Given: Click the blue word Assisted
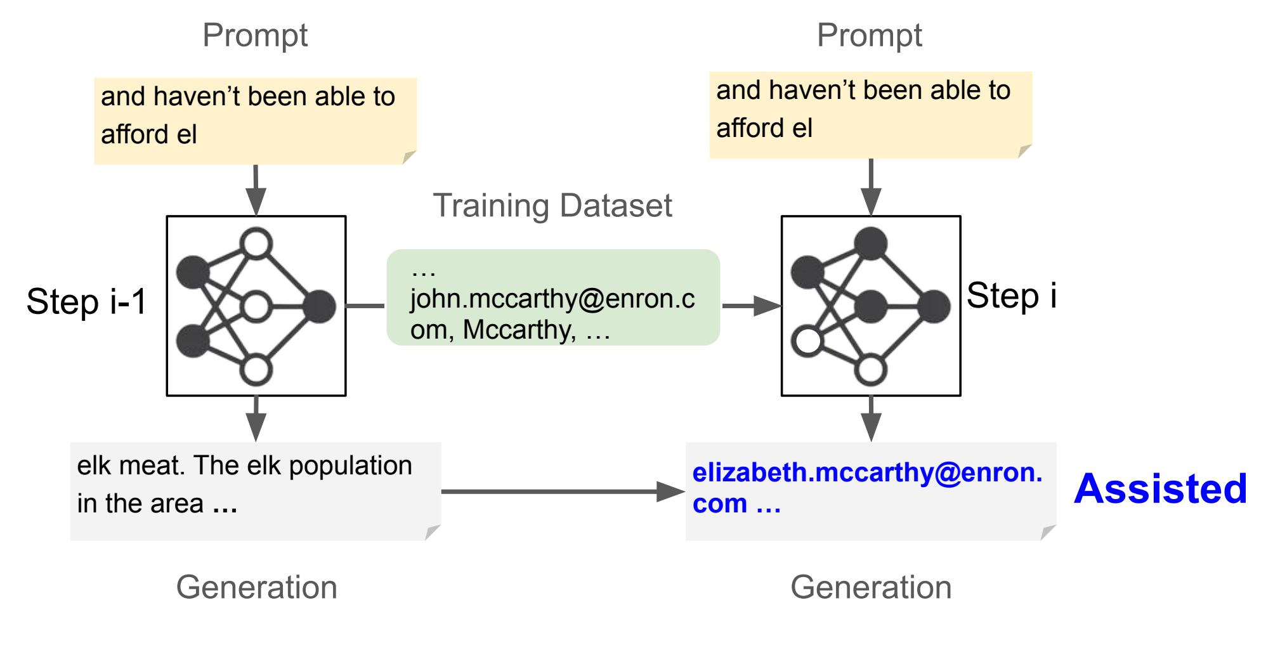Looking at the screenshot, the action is coord(1161,488).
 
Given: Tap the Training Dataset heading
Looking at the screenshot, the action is coord(552,205).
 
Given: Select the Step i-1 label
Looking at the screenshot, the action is coord(87,301).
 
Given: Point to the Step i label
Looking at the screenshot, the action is coord(1012,296).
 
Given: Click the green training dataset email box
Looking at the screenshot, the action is coord(553,297).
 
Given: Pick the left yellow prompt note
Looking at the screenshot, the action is coord(255,121).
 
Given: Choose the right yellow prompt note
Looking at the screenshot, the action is coord(871,115).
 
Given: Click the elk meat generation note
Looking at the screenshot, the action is coord(256,491).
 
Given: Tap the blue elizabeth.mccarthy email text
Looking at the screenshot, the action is coord(867,488).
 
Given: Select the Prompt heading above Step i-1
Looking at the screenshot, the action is coord(255,36).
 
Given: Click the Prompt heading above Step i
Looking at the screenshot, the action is coord(870,36).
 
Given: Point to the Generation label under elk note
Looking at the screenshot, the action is coord(257,587).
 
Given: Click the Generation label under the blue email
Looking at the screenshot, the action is coord(871,587).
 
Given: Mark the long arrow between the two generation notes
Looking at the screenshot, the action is coord(563,491).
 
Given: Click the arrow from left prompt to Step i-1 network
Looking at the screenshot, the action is coord(256,190).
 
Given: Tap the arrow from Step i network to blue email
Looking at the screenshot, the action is coord(871,419).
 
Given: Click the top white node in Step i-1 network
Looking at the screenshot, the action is coord(256,244).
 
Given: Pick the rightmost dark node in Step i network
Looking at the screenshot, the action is coord(934,307).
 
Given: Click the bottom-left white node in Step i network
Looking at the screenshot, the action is coord(807,341).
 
